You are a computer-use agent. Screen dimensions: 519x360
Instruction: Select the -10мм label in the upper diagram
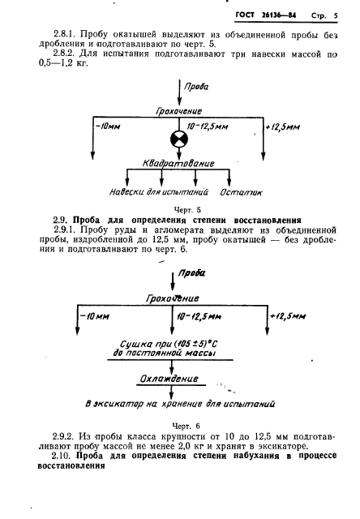tap(107, 127)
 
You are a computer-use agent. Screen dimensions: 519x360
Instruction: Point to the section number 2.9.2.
tap(59, 439)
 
